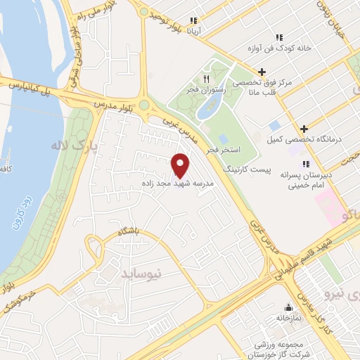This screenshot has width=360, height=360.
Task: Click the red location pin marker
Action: [x=181, y=165]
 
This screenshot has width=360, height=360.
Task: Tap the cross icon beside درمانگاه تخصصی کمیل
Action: [x=304, y=129]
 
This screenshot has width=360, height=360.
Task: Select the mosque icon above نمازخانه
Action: [x=288, y=307]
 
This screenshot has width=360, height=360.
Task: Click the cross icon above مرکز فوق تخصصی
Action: [x=262, y=71]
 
